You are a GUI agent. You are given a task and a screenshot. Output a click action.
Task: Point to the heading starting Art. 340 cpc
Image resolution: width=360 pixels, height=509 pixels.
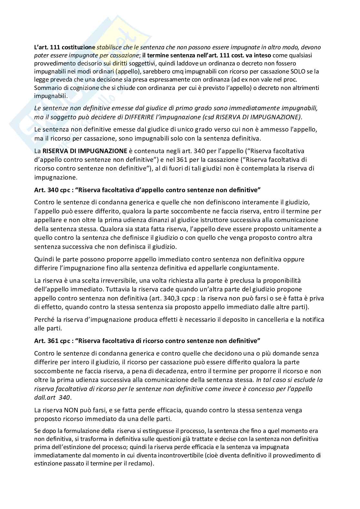tap(147, 190)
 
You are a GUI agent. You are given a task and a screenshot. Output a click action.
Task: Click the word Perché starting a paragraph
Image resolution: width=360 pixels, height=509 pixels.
tap(44, 320)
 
